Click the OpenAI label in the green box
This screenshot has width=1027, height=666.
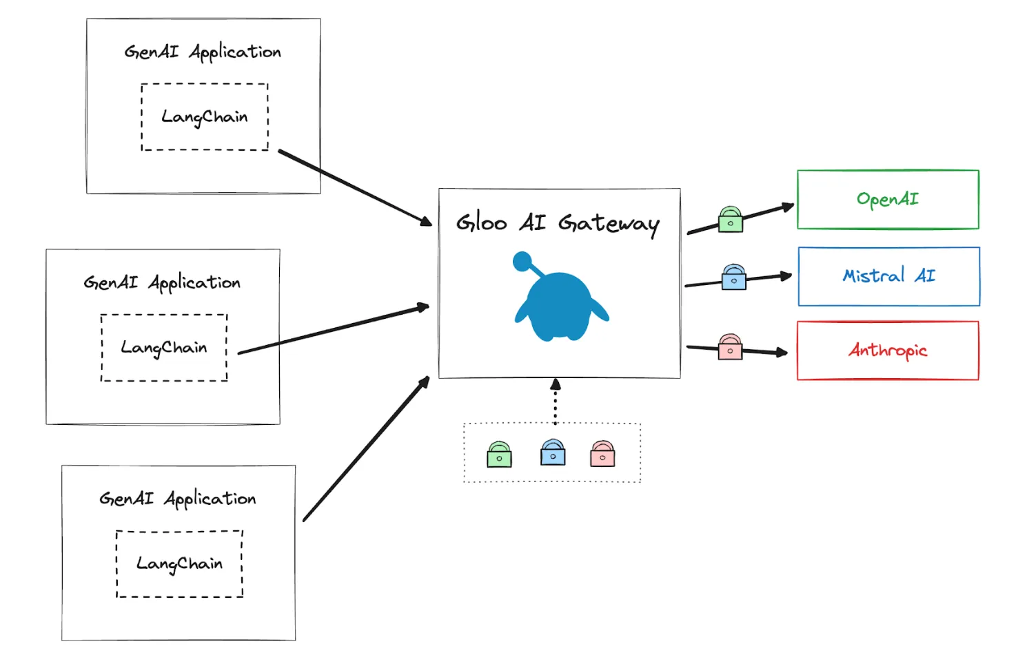888,200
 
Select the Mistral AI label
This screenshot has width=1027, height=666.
889,275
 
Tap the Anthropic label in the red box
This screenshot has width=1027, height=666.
888,351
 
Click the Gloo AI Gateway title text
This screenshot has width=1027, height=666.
558,224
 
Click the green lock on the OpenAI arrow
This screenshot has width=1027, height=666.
730,220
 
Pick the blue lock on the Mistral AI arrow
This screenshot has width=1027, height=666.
733,277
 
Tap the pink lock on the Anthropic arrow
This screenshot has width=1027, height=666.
730,346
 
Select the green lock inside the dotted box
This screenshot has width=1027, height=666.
499,455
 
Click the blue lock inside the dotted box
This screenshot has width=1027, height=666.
553,452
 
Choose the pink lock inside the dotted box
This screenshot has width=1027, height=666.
602,454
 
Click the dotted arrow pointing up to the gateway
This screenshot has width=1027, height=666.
556,402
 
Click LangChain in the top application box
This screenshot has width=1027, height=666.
205,117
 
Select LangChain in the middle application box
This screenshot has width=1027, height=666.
163,348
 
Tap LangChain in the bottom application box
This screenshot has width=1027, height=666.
179,564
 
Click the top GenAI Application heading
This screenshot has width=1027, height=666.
203,52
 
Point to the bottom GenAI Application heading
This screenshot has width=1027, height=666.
177,499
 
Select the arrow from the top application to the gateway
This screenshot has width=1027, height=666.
356,188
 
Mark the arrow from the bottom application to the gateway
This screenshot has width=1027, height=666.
366,449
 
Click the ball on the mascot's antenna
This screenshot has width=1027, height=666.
522,261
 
